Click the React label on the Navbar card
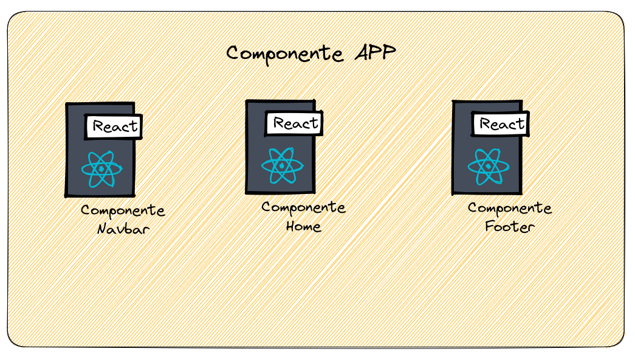tap(115, 127)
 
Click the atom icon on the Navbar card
tap(101, 168)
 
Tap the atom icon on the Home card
tap(283, 165)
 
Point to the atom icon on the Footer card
tap(489, 166)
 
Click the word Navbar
tap(123, 230)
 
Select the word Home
tap(303, 227)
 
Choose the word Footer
tap(510, 227)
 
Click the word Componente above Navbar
tap(123, 211)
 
